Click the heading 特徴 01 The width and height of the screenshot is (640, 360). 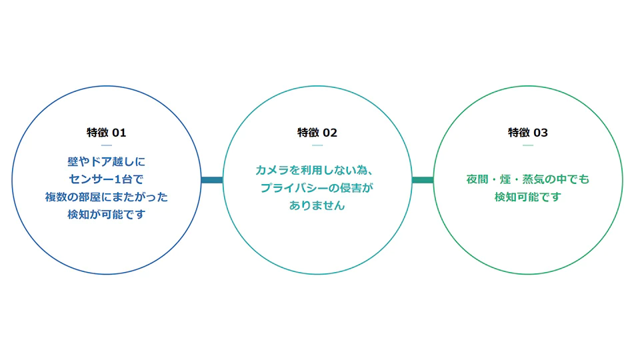(x=106, y=133)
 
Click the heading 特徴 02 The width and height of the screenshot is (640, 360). (x=317, y=133)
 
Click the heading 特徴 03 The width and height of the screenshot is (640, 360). (x=528, y=133)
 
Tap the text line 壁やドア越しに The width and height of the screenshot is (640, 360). (x=106, y=161)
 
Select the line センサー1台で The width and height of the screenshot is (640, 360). (x=106, y=179)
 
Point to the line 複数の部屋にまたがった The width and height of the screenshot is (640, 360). (x=106, y=197)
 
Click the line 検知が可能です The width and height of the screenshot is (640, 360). (x=106, y=214)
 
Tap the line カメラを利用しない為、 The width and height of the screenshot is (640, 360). (x=314, y=170)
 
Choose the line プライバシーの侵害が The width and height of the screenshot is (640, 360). (x=317, y=188)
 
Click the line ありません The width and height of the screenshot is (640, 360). (x=317, y=205)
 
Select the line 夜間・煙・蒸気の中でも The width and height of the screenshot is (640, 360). (x=528, y=179)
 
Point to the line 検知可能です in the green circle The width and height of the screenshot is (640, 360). (x=528, y=197)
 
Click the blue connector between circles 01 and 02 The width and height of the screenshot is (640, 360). (x=212, y=180)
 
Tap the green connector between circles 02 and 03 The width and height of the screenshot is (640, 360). (x=423, y=180)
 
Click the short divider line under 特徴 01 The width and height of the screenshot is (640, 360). (x=106, y=145)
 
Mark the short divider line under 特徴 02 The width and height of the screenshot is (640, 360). (x=317, y=145)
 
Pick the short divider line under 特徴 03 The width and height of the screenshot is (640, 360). (x=528, y=145)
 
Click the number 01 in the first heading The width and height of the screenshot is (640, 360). (x=119, y=133)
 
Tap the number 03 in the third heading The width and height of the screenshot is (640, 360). (x=541, y=133)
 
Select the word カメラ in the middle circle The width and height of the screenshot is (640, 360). (x=272, y=170)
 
